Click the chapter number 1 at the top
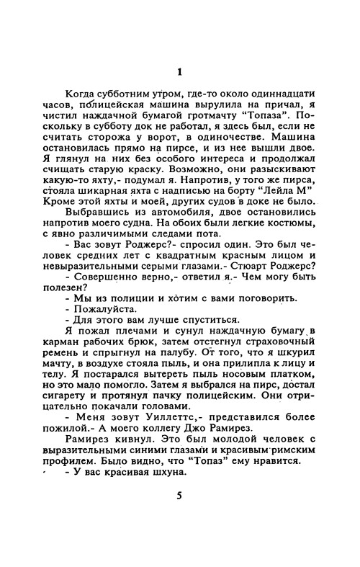pyautogui.click(x=180, y=71)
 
